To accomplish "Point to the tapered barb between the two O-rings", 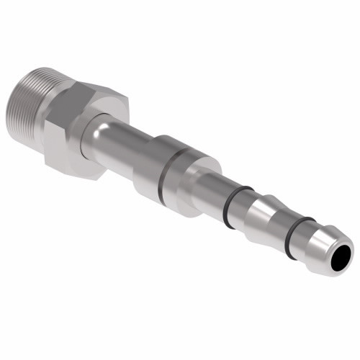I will click(x=266, y=220).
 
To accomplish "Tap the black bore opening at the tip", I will click(x=343, y=257).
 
